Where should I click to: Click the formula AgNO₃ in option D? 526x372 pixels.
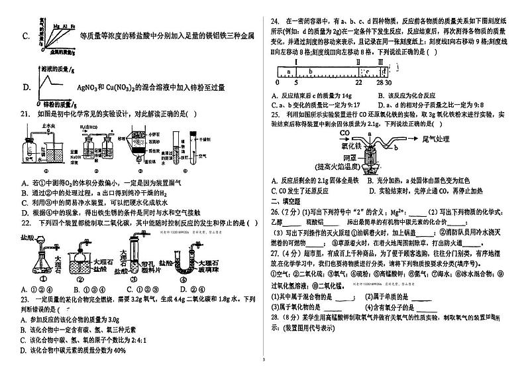pyautogui.click(x=87, y=87)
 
